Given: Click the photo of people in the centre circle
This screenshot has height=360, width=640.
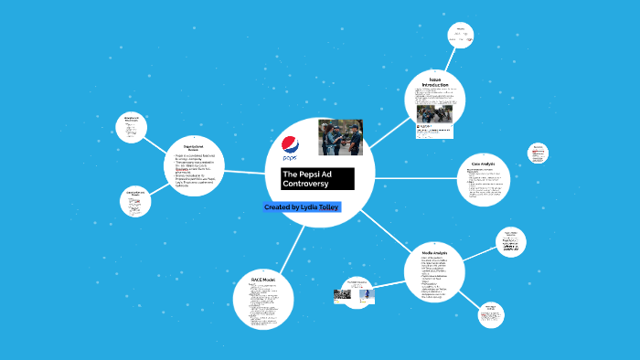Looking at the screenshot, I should (x=340, y=137).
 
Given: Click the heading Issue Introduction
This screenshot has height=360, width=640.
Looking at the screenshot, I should (x=435, y=85).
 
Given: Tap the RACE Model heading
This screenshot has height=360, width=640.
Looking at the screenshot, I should (x=262, y=279).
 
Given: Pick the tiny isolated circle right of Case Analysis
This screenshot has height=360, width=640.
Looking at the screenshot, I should (x=538, y=153).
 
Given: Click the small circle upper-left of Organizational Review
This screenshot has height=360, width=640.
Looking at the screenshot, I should (x=133, y=126).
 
